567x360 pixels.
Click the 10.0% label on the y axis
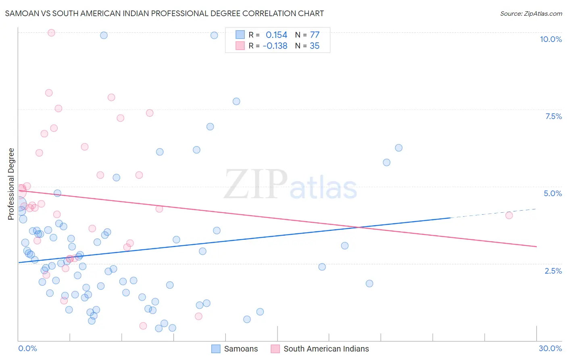[550, 39]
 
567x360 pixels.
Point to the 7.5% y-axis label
[553, 116]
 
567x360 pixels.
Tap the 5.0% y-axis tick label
[552, 193]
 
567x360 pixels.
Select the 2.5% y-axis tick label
[553, 271]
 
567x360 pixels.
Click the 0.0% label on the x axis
[27, 348]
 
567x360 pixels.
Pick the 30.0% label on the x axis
[550, 348]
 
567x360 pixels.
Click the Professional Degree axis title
[11, 184]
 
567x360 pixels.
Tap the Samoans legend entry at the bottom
[241, 349]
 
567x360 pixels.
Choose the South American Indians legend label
[326, 349]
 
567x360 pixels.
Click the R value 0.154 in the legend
[276, 35]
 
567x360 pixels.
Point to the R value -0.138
[275, 46]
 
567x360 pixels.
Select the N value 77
[315, 35]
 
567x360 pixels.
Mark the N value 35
[315, 46]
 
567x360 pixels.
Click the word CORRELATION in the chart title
[267, 13]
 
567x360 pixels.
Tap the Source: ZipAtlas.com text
[531, 13]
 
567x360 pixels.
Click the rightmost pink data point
[509, 215]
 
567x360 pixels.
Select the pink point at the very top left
[51, 33]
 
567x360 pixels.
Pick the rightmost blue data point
[398, 148]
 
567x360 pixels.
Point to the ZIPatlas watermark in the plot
[290, 185]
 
